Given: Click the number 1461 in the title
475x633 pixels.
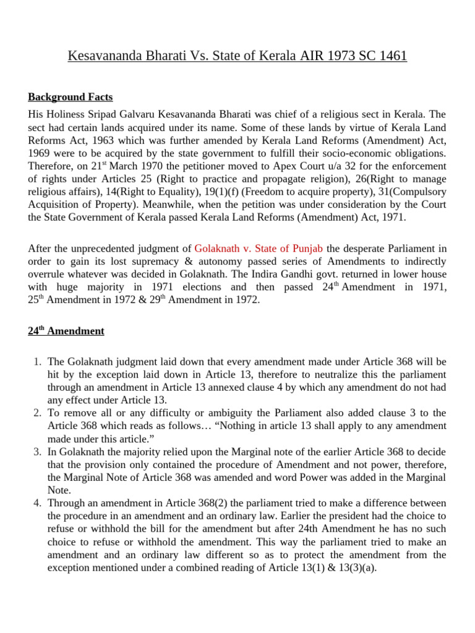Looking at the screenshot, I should point(389,56).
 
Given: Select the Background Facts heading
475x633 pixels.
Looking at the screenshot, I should point(71,97).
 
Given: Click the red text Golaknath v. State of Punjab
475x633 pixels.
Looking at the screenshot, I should point(258,249).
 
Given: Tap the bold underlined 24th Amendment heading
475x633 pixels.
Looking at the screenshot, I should point(66,331).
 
